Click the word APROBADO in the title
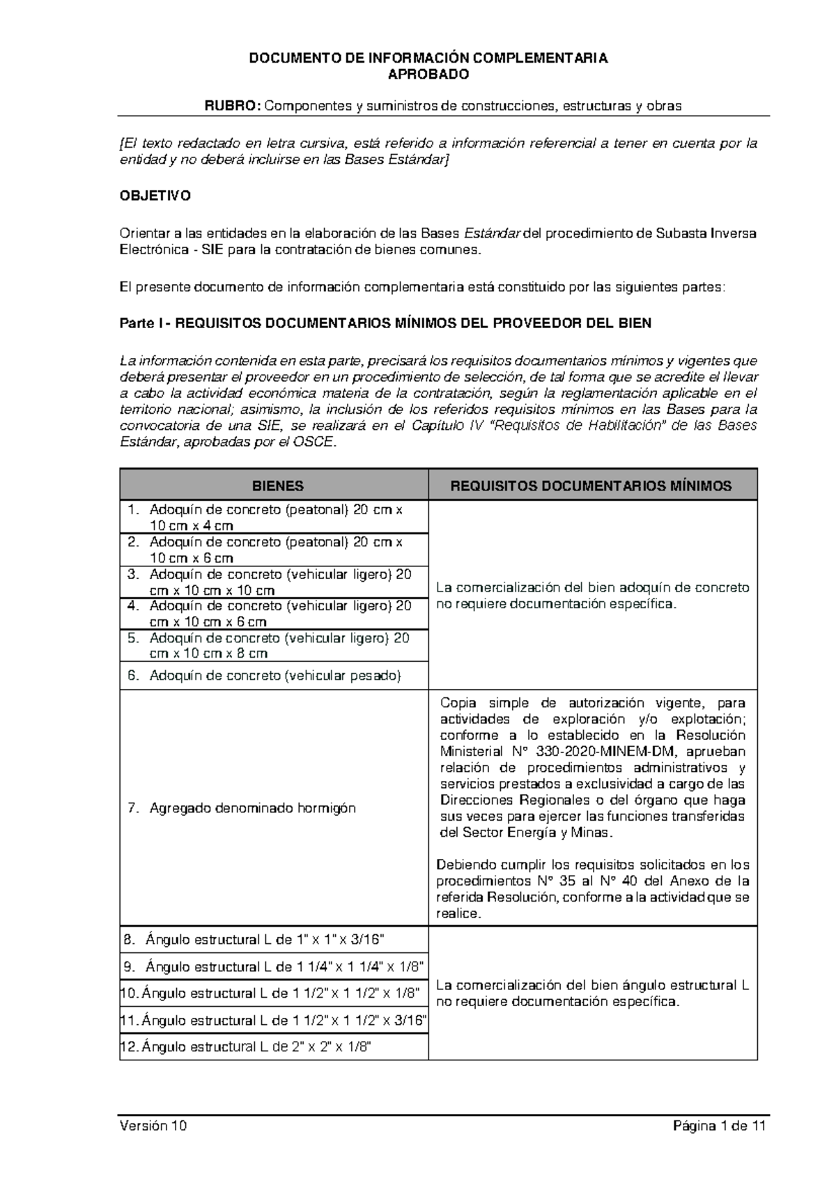tap(428, 75)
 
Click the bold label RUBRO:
tap(232, 106)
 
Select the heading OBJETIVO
tap(155, 196)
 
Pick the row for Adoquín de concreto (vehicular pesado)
tap(275, 675)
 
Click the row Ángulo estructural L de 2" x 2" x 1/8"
tap(256, 1046)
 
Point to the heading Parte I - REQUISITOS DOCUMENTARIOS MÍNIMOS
tap(385, 323)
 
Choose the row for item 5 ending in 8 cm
tap(275, 645)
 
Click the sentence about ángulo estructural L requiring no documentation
tap(592, 993)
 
